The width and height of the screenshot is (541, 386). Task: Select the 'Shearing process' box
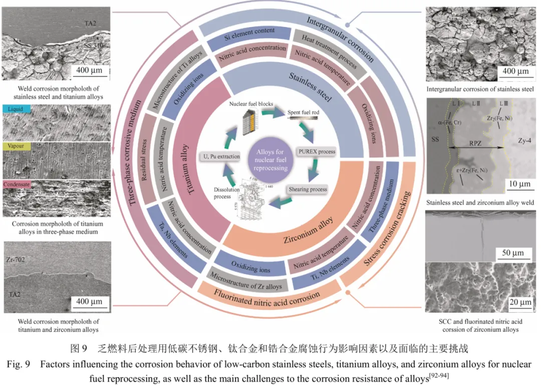307,189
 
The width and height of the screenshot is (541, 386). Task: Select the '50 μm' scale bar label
512,253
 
